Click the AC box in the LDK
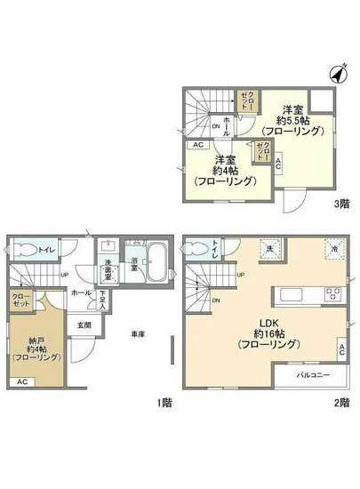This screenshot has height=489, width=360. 342,350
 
